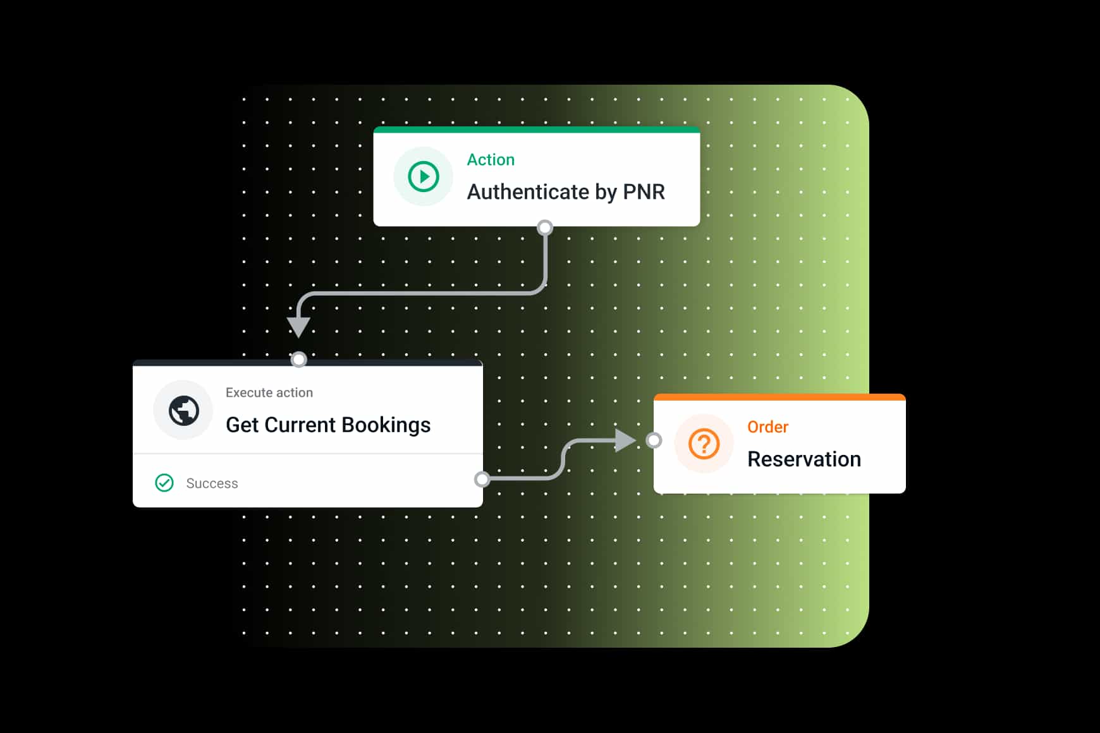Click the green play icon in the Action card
coord(423,176)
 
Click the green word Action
coord(491,160)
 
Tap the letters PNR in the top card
coord(644,191)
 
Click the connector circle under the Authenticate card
coord(545,227)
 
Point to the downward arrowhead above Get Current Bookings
coord(298,326)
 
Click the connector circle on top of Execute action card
coord(298,360)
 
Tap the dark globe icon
coord(183,411)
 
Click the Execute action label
coord(269,392)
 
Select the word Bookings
coord(386,425)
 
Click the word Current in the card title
coord(300,425)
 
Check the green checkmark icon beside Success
coord(164,483)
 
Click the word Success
coord(212,483)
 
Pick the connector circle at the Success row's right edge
coord(482,479)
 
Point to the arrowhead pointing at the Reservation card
coord(625,440)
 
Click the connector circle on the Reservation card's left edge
coord(654,440)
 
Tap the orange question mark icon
coord(704,444)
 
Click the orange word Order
coord(767,427)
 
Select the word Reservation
coord(804,459)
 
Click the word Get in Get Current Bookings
coord(242,425)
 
